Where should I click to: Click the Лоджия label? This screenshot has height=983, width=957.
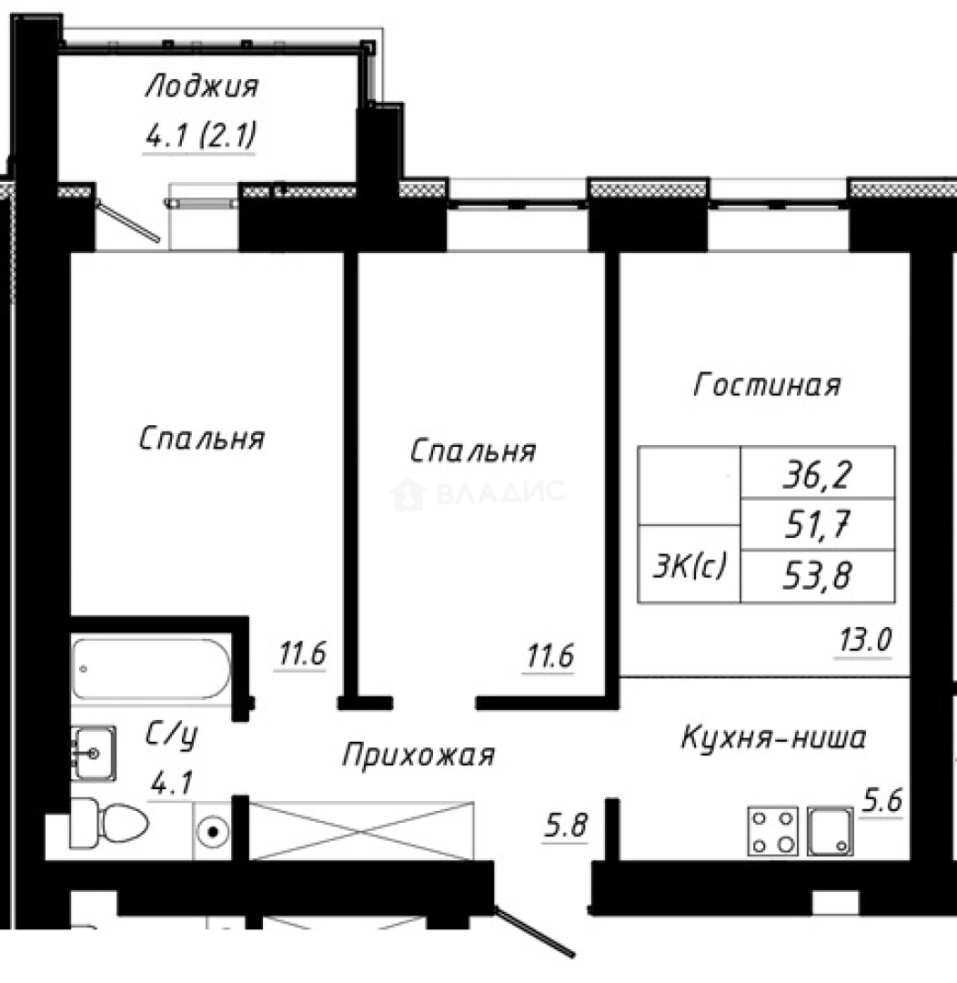pos(202,87)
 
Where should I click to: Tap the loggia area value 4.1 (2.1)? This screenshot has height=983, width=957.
pos(199,137)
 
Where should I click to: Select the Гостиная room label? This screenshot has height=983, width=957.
pos(766,385)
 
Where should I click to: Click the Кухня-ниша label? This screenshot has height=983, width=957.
pos(773,737)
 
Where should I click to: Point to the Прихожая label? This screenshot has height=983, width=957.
pos(418,754)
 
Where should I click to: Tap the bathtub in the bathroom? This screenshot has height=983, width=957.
pos(151,669)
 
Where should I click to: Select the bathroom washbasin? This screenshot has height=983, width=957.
pos(92,752)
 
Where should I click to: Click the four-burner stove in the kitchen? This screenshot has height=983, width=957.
pos(772,831)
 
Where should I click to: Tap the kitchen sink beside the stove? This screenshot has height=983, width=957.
pos(831,831)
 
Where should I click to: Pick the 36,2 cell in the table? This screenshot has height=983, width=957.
pos(819,473)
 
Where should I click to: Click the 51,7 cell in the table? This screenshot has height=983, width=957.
pos(819,523)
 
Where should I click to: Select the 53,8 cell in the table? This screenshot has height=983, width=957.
pos(819,575)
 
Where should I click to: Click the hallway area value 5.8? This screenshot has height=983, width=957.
pos(565,828)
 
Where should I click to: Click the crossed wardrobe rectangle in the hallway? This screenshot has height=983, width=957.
pos(362,830)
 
